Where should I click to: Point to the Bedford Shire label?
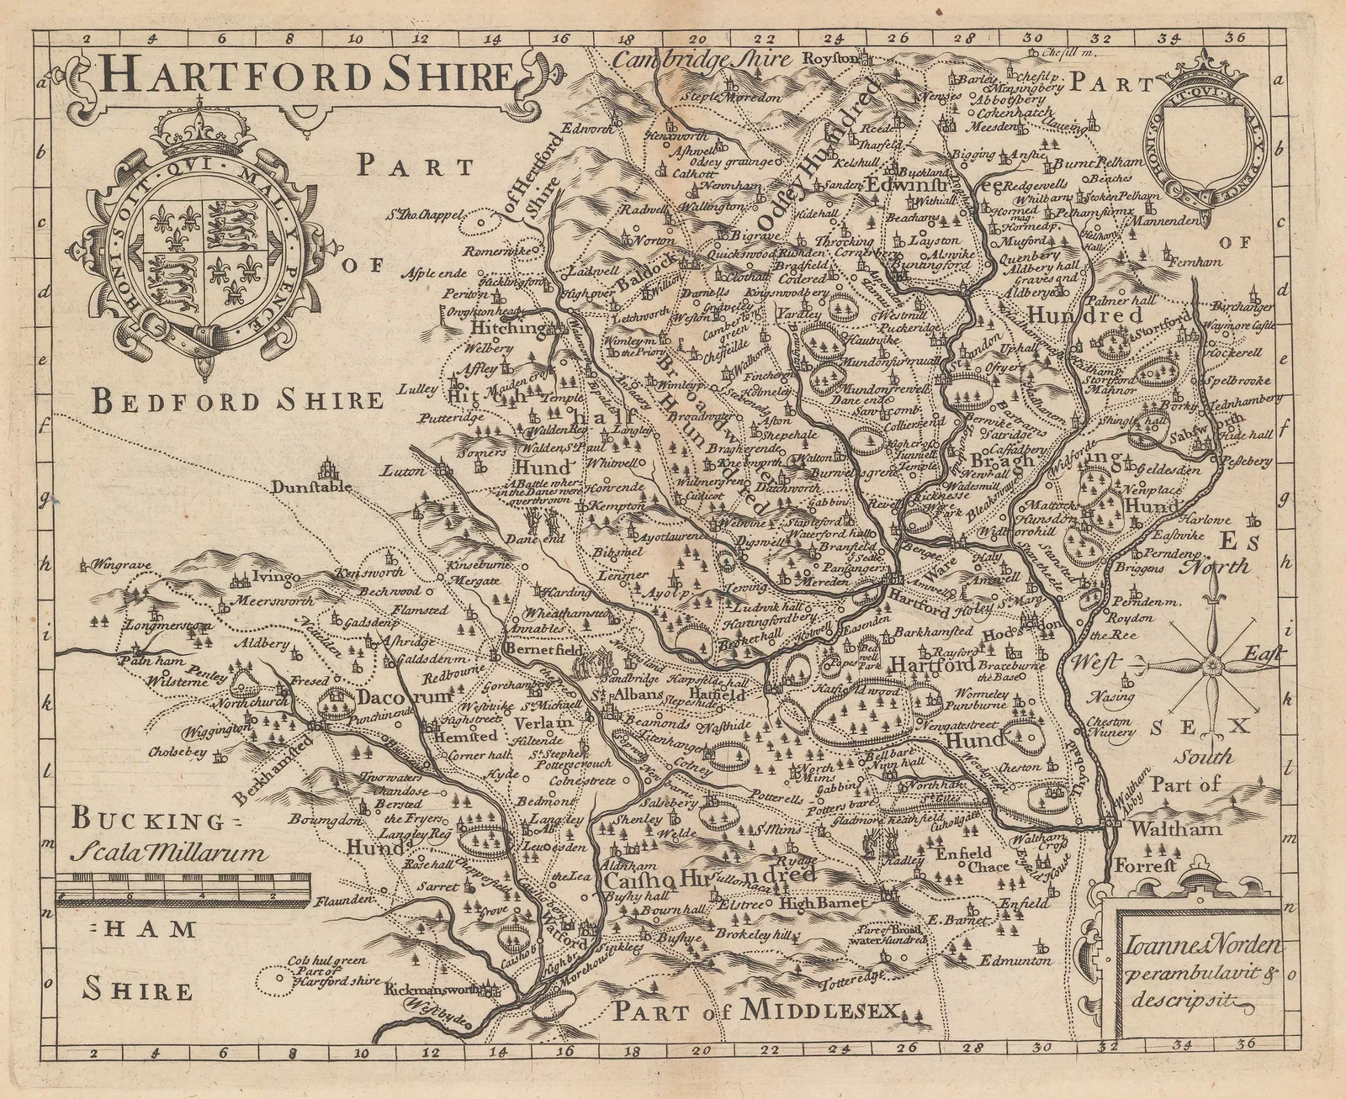coord(238,400)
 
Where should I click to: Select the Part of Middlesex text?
coord(756,1011)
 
